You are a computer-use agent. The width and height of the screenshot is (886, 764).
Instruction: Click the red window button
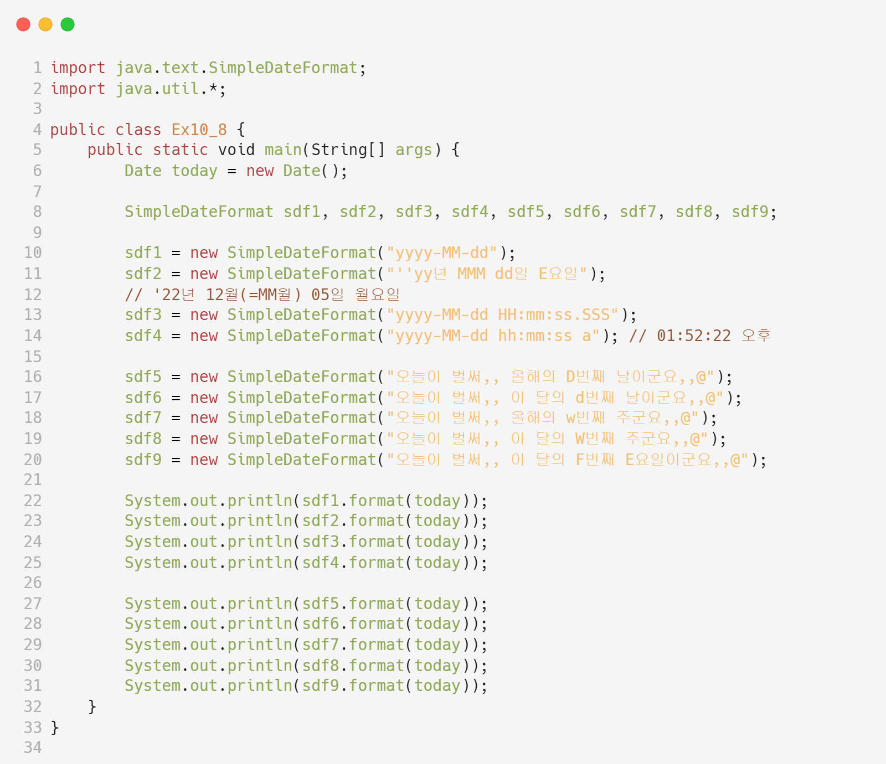[x=23, y=24]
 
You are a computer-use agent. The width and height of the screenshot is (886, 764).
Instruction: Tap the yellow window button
[x=45, y=24]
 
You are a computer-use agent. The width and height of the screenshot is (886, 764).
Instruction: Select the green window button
[x=68, y=24]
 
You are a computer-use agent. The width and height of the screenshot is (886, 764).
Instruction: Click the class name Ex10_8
[x=199, y=130]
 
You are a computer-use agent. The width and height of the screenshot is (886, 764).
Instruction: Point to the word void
[x=236, y=150]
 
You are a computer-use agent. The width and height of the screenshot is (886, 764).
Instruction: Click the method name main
[x=283, y=150]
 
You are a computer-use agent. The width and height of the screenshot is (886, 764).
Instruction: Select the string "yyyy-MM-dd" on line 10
[x=442, y=253]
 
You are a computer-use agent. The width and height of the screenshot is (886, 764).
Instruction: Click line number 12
[x=33, y=295]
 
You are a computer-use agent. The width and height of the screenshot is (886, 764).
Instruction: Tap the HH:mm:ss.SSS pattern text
[x=558, y=315]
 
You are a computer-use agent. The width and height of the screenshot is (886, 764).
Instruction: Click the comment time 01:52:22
[x=693, y=336]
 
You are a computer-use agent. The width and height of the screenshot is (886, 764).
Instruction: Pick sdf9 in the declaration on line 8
[x=750, y=212]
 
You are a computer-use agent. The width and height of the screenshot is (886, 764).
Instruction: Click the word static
[x=180, y=150]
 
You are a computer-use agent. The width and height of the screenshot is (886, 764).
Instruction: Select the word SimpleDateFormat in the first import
[x=283, y=68]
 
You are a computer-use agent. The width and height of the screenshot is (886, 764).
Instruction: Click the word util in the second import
[x=180, y=89]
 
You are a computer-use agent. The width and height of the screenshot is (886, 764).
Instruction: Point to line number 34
[x=33, y=748]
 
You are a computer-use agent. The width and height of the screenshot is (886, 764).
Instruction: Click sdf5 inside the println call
[x=321, y=604]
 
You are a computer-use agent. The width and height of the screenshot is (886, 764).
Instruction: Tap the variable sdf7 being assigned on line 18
[x=143, y=418]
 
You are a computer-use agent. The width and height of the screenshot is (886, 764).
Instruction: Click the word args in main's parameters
[x=414, y=150]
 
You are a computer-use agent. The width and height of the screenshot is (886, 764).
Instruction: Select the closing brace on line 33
[x=55, y=727]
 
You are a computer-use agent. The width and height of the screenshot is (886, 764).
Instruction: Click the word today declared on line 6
[x=194, y=171]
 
